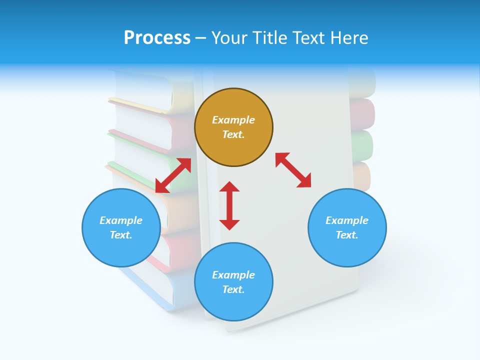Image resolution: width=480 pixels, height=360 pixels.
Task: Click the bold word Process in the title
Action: point(157,38)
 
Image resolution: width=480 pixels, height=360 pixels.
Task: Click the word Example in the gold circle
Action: point(233,120)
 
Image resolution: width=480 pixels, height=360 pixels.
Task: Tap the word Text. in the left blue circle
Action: point(121,235)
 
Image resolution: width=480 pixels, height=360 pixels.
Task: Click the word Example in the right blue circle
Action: point(347,220)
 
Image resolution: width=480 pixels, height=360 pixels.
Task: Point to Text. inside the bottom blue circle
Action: point(233,289)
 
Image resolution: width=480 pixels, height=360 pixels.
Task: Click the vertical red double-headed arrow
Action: point(229,205)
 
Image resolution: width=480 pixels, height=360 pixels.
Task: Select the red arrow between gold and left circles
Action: point(173,175)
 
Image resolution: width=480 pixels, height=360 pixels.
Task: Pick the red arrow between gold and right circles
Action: point(293,170)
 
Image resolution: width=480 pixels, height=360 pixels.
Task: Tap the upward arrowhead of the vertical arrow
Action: point(229,186)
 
